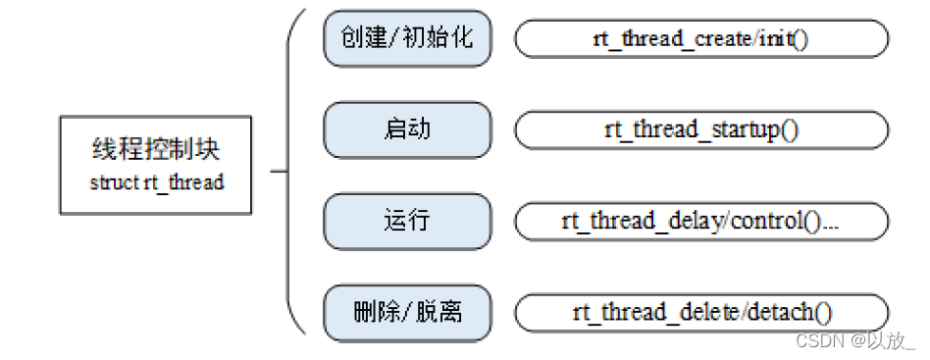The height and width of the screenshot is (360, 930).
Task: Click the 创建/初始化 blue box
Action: [x=407, y=39]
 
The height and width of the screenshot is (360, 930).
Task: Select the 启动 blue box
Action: [x=407, y=129]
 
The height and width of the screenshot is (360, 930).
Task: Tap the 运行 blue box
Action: [x=407, y=221]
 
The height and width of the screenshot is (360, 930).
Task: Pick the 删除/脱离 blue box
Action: [x=407, y=312]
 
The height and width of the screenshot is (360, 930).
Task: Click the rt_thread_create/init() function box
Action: [x=701, y=39]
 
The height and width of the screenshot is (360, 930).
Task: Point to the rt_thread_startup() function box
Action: [x=701, y=129]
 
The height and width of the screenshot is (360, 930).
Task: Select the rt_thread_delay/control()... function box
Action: [x=701, y=221]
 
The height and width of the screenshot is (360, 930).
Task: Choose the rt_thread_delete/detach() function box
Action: [x=701, y=312]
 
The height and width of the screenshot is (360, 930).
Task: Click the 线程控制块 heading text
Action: [x=156, y=152]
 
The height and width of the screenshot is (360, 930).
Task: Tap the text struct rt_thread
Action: [x=156, y=182]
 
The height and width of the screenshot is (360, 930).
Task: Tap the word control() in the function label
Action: [x=781, y=222]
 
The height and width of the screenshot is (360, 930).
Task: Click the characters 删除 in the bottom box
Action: [x=371, y=312]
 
